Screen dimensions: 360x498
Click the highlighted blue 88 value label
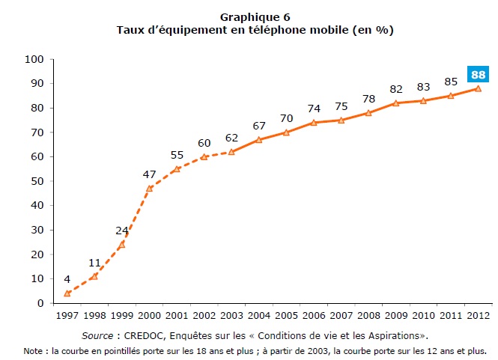pos(478,74)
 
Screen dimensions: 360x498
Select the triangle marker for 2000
pos(149,188)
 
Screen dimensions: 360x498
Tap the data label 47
pos(149,174)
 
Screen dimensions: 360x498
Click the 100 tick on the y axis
pos(34,58)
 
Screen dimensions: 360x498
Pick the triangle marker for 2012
pos(478,88)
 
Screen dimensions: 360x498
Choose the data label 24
pos(121,230)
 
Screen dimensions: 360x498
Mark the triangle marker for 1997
pos(67,293)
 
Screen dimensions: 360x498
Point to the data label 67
pos(258,125)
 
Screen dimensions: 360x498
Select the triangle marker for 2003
pos(231,151)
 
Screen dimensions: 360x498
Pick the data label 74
pos(313,108)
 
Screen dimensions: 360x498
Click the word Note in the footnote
pos(33,350)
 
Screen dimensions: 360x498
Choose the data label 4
pos(67,280)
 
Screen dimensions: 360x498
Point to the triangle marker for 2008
pos(368,112)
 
